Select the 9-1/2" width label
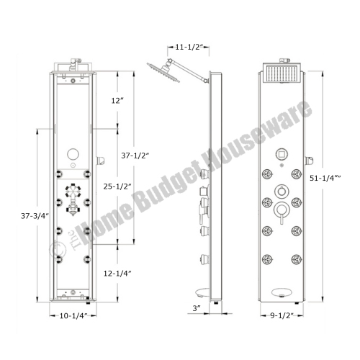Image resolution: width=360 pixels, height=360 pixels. click(x=282, y=315)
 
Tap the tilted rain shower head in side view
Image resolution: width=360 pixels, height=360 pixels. click(x=159, y=73)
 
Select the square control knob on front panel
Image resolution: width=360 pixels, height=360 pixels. click(x=282, y=154)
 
